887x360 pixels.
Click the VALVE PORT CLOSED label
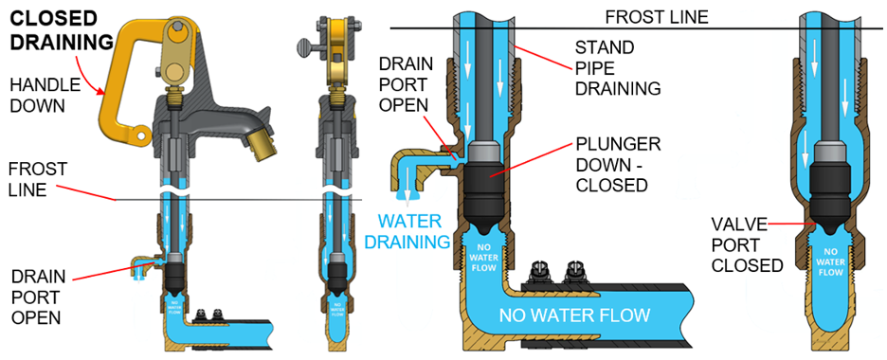pyautogui.click(x=747, y=244)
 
